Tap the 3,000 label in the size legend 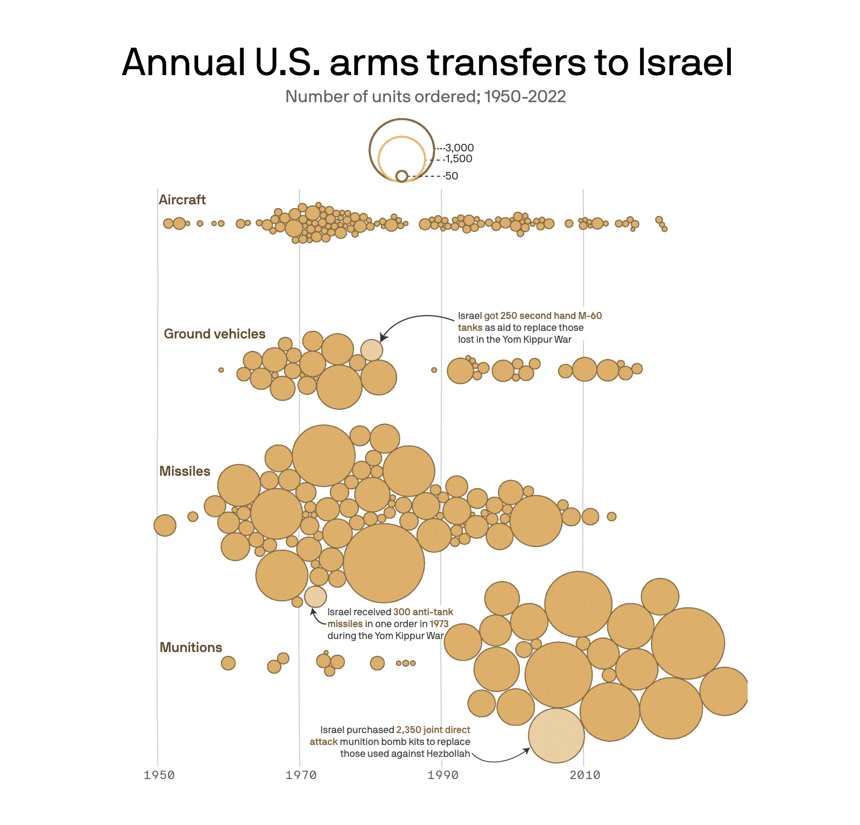tap(460, 148)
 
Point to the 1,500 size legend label tap(459, 159)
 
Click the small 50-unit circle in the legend tap(401, 176)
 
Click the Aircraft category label tap(182, 200)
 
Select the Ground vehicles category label tap(214, 334)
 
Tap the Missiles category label tap(185, 471)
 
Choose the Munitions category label tap(191, 648)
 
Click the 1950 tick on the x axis tap(159, 775)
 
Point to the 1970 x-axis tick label tap(301, 775)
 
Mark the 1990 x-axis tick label tap(442, 775)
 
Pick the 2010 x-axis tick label tap(584, 775)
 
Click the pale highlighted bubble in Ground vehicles tap(372, 350)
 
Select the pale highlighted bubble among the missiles tap(315, 597)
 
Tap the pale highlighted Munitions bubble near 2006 tap(556, 736)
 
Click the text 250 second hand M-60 tap(550, 316)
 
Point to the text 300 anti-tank tap(423, 612)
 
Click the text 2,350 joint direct tap(433, 730)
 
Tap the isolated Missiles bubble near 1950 tap(165, 525)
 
